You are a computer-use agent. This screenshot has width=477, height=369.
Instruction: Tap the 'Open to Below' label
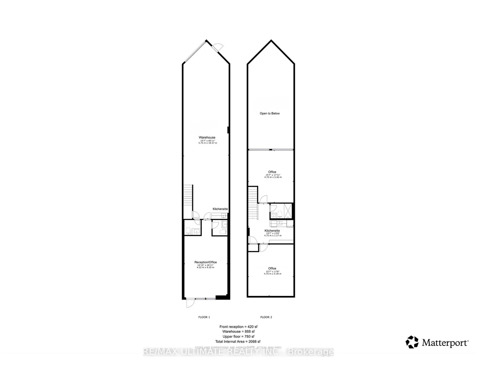tap(270, 113)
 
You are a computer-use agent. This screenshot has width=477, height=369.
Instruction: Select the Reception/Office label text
tap(205, 262)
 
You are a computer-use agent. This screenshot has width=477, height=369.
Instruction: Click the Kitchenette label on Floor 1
tap(220, 209)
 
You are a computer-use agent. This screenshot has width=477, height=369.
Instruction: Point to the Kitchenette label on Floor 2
tap(272, 231)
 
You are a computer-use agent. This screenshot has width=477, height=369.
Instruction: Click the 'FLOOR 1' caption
tap(204, 317)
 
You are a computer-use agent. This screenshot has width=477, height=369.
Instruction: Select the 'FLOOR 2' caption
tap(266, 317)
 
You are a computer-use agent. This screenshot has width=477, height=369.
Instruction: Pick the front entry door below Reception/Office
tap(190, 303)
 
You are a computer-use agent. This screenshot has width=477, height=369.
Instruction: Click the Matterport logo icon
tap(412, 342)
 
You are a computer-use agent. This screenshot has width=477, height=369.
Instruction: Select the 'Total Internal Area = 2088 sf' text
tap(238, 341)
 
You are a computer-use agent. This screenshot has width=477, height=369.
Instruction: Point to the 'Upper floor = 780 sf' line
tap(238, 336)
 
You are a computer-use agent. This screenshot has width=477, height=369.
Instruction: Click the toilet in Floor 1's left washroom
tap(188, 231)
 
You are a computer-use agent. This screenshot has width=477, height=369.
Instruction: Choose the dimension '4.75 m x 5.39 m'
tap(273, 274)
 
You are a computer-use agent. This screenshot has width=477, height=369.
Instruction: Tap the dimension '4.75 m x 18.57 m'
tap(207, 143)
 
